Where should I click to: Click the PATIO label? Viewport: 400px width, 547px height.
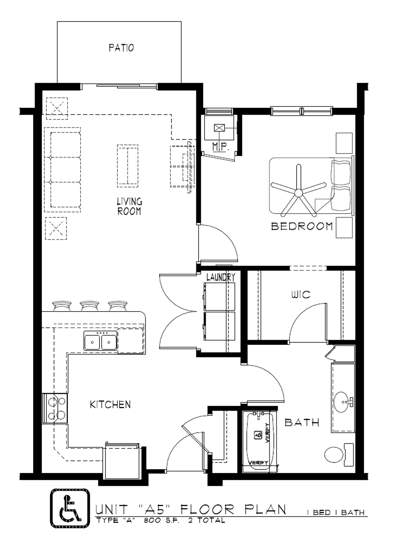coord(121,48)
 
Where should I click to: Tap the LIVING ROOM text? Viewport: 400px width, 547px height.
coord(129,206)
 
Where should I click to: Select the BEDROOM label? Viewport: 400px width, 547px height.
coord(302,226)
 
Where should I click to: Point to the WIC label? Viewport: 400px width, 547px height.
coord(300,294)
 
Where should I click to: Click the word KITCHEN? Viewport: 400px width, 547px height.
coord(110,405)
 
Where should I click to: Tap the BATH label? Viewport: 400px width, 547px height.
coord(302,422)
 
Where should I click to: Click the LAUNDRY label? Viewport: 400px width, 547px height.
coord(221,277)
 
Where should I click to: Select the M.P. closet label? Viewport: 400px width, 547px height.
coord(221,147)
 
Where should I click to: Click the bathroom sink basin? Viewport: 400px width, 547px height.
coord(341,402)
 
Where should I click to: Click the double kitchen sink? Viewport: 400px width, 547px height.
coord(100,340)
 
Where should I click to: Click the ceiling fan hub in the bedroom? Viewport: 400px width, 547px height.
coord(298,193)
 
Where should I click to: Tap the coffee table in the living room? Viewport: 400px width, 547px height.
coord(128,166)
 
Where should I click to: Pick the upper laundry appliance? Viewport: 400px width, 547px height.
coord(219,296)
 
